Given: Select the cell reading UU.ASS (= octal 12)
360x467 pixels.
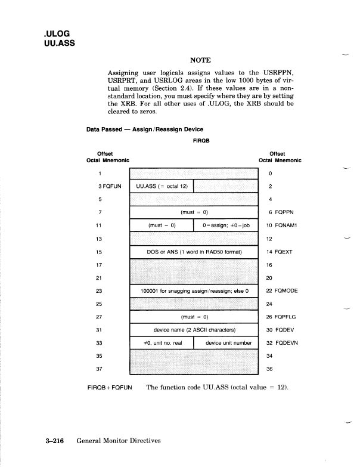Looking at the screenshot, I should (162, 186).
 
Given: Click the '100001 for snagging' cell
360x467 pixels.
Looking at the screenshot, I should (194, 290).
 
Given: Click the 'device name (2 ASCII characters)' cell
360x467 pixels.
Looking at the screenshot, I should (194, 330).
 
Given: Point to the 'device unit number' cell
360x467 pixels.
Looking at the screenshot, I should (225, 343).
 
